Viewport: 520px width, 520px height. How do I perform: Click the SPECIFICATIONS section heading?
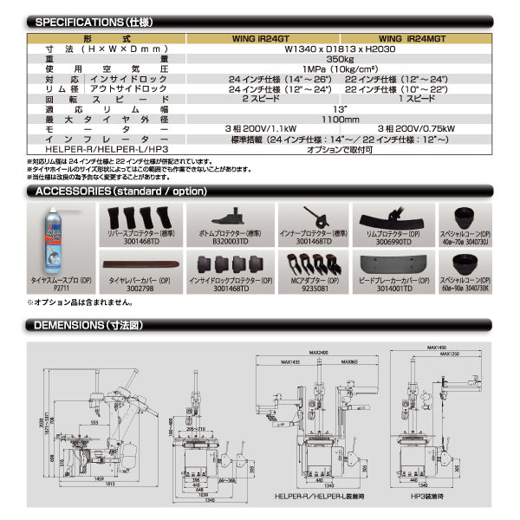pyautogui.click(x=90, y=21)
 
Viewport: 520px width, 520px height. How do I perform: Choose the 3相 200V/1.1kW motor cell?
pyautogui.click(x=259, y=128)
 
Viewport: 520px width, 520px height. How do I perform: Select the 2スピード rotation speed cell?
pyautogui.click(x=259, y=98)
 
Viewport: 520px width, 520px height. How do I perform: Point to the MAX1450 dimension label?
pyautogui.click(x=449, y=348)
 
